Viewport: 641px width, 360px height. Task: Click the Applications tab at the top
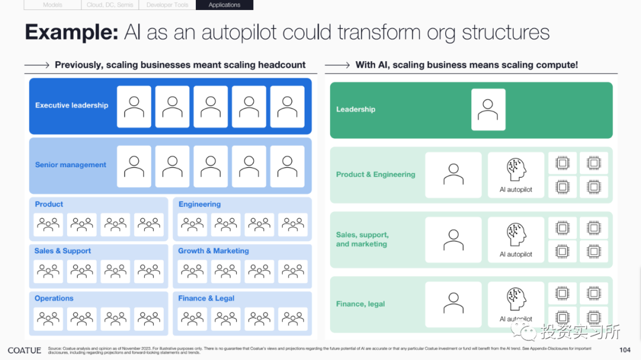[x=224, y=5]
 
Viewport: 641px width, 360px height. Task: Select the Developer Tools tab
[x=167, y=5]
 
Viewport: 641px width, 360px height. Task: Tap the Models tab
[x=53, y=5]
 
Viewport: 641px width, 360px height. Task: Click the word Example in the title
[x=71, y=32]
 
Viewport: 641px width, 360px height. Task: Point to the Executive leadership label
[x=72, y=106]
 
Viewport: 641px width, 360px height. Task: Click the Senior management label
[x=71, y=165]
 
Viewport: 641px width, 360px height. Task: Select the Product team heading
[x=49, y=204]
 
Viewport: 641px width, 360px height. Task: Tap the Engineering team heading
[x=199, y=204]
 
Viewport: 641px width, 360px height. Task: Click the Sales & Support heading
[x=63, y=251]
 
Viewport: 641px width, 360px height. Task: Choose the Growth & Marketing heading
[x=214, y=251]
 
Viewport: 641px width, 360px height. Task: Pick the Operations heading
[x=54, y=298]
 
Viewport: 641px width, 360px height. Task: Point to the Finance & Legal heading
[x=207, y=298]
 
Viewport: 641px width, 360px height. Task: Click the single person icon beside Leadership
[x=488, y=109]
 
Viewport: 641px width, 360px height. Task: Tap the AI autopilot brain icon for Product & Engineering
[x=516, y=170]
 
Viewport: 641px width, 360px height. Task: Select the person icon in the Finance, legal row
[x=453, y=303]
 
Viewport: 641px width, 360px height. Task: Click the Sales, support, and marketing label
[x=362, y=240]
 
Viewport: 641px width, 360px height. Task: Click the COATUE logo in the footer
[x=24, y=351]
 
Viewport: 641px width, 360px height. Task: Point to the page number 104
[x=624, y=350]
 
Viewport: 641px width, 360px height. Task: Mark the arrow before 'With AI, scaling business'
[x=337, y=65]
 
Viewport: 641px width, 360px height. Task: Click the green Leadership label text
[x=356, y=109]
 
